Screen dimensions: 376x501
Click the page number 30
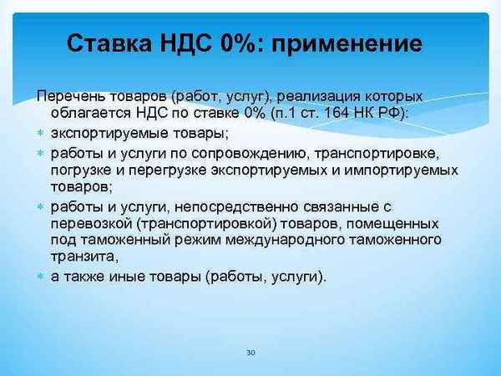(x=250, y=353)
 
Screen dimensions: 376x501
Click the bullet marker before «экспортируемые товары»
(x=41, y=134)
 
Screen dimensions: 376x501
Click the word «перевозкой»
(x=90, y=224)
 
